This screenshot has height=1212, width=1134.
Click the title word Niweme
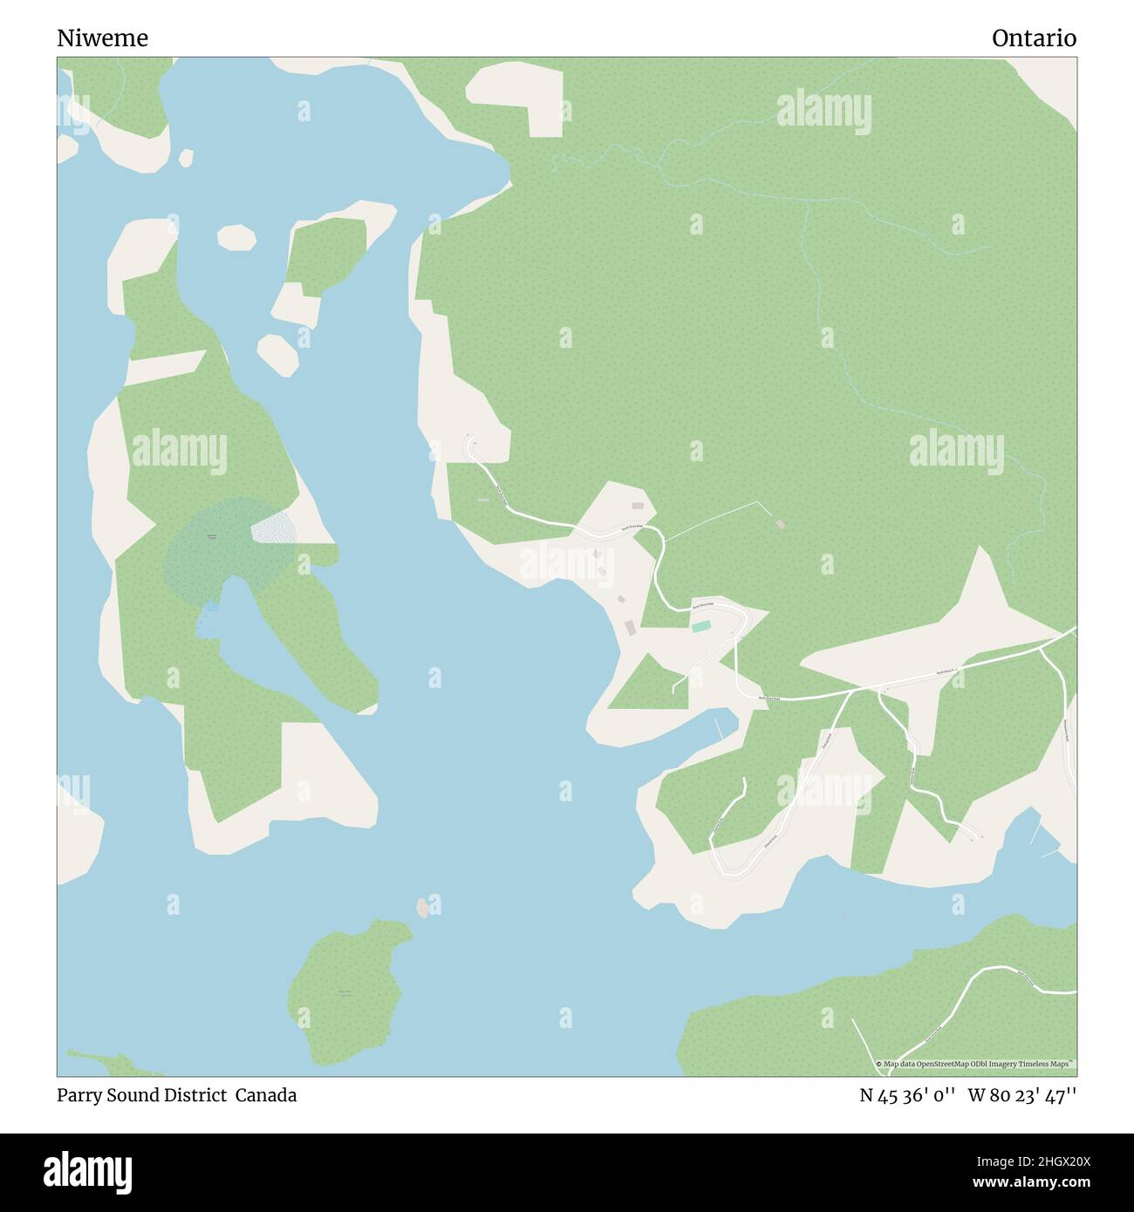[x=103, y=38]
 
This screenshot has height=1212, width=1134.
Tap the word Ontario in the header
[x=1034, y=38]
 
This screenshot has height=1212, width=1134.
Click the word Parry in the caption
[x=79, y=1095]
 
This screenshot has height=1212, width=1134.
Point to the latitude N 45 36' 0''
[x=909, y=1095]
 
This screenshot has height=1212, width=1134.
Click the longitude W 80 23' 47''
[x=1022, y=1095]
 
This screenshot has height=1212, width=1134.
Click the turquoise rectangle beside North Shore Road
[x=700, y=626]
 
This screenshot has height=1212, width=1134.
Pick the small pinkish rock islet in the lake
[x=423, y=908]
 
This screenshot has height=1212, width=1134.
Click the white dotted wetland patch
[x=273, y=528]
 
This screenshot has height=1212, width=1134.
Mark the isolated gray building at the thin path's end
[x=780, y=524]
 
